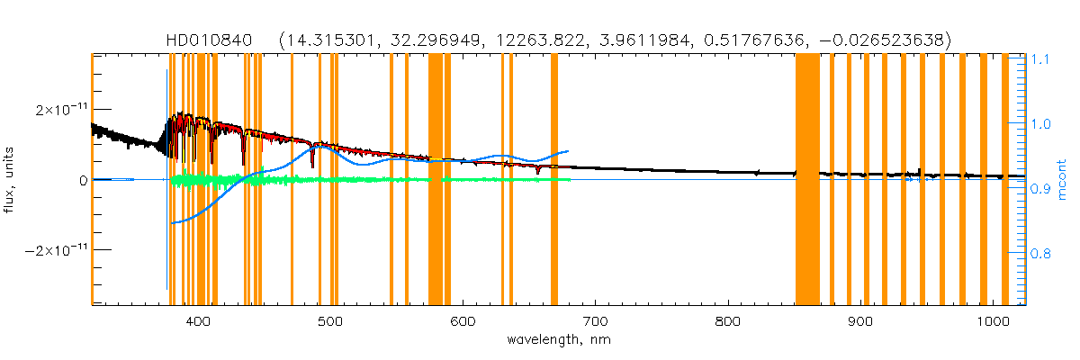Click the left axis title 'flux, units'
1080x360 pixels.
pyautogui.click(x=12, y=180)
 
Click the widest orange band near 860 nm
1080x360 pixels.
pyautogui.click(x=807, y=180)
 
